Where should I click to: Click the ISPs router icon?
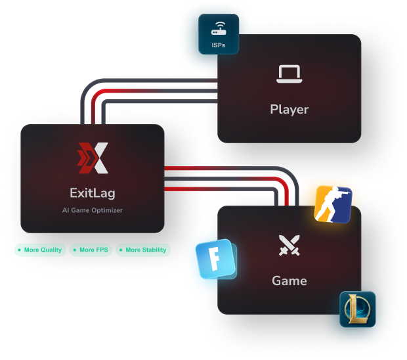219,28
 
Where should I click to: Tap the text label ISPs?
219,45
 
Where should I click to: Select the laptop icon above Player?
289,74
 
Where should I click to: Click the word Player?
289,109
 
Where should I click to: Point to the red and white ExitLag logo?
93,158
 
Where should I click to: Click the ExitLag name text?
93,193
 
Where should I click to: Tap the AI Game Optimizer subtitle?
93,210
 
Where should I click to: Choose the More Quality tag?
40,250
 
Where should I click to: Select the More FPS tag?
91,250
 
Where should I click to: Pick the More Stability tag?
143,250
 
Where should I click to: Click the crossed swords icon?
289,245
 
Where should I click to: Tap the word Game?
289,281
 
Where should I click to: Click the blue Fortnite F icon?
215,259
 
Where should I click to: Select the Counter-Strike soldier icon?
333,204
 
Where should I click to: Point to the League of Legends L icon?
357,309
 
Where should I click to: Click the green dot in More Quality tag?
19,250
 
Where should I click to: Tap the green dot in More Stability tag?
121,250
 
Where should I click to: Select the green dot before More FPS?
75,250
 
